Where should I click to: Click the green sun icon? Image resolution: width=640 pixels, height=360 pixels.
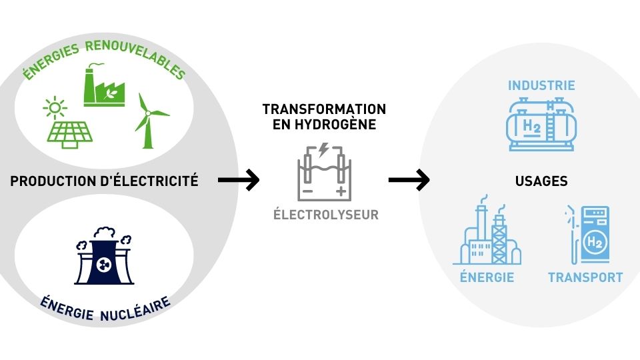pyautogui.click(x=54, y=107)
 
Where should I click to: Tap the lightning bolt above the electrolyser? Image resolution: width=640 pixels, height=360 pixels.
pyautogui.click(x=323, y=150)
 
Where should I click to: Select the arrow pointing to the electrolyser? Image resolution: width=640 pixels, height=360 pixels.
pyautogui.click(x=238, y=179)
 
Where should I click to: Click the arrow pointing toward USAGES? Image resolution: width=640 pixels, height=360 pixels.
pyautogui.click(x=409, y=179)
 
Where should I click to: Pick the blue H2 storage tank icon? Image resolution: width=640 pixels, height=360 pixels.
pyautogui.click(x=539, y=125)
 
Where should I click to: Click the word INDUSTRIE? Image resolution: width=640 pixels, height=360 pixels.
pyautogui.click(x=541, y=86)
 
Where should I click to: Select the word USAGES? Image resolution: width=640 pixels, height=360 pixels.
pyautogui.click(x=541, y=181)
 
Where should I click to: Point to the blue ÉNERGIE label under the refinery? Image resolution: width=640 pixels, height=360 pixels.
pyautogui.click(x=487, y=277)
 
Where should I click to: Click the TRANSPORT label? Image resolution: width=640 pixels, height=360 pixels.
pyautogui.click(x=585, y=277)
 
